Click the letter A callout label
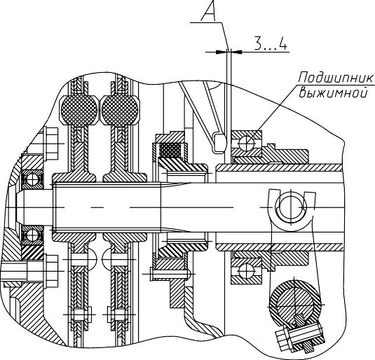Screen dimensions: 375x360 pos(209,11)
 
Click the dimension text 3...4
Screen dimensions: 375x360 pos(271,43)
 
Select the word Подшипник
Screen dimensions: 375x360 pos(336,78)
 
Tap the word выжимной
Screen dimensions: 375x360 pos(333,92)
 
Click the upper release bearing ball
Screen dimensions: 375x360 pos(247,143)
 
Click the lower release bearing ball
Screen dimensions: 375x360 pos(247,271)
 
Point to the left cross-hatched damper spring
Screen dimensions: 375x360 pos(79,110)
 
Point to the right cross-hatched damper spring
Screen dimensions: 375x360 pos(120,110)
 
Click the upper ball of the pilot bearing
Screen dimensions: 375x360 pos(32,179)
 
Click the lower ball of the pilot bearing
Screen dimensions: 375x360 pos(32,235)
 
